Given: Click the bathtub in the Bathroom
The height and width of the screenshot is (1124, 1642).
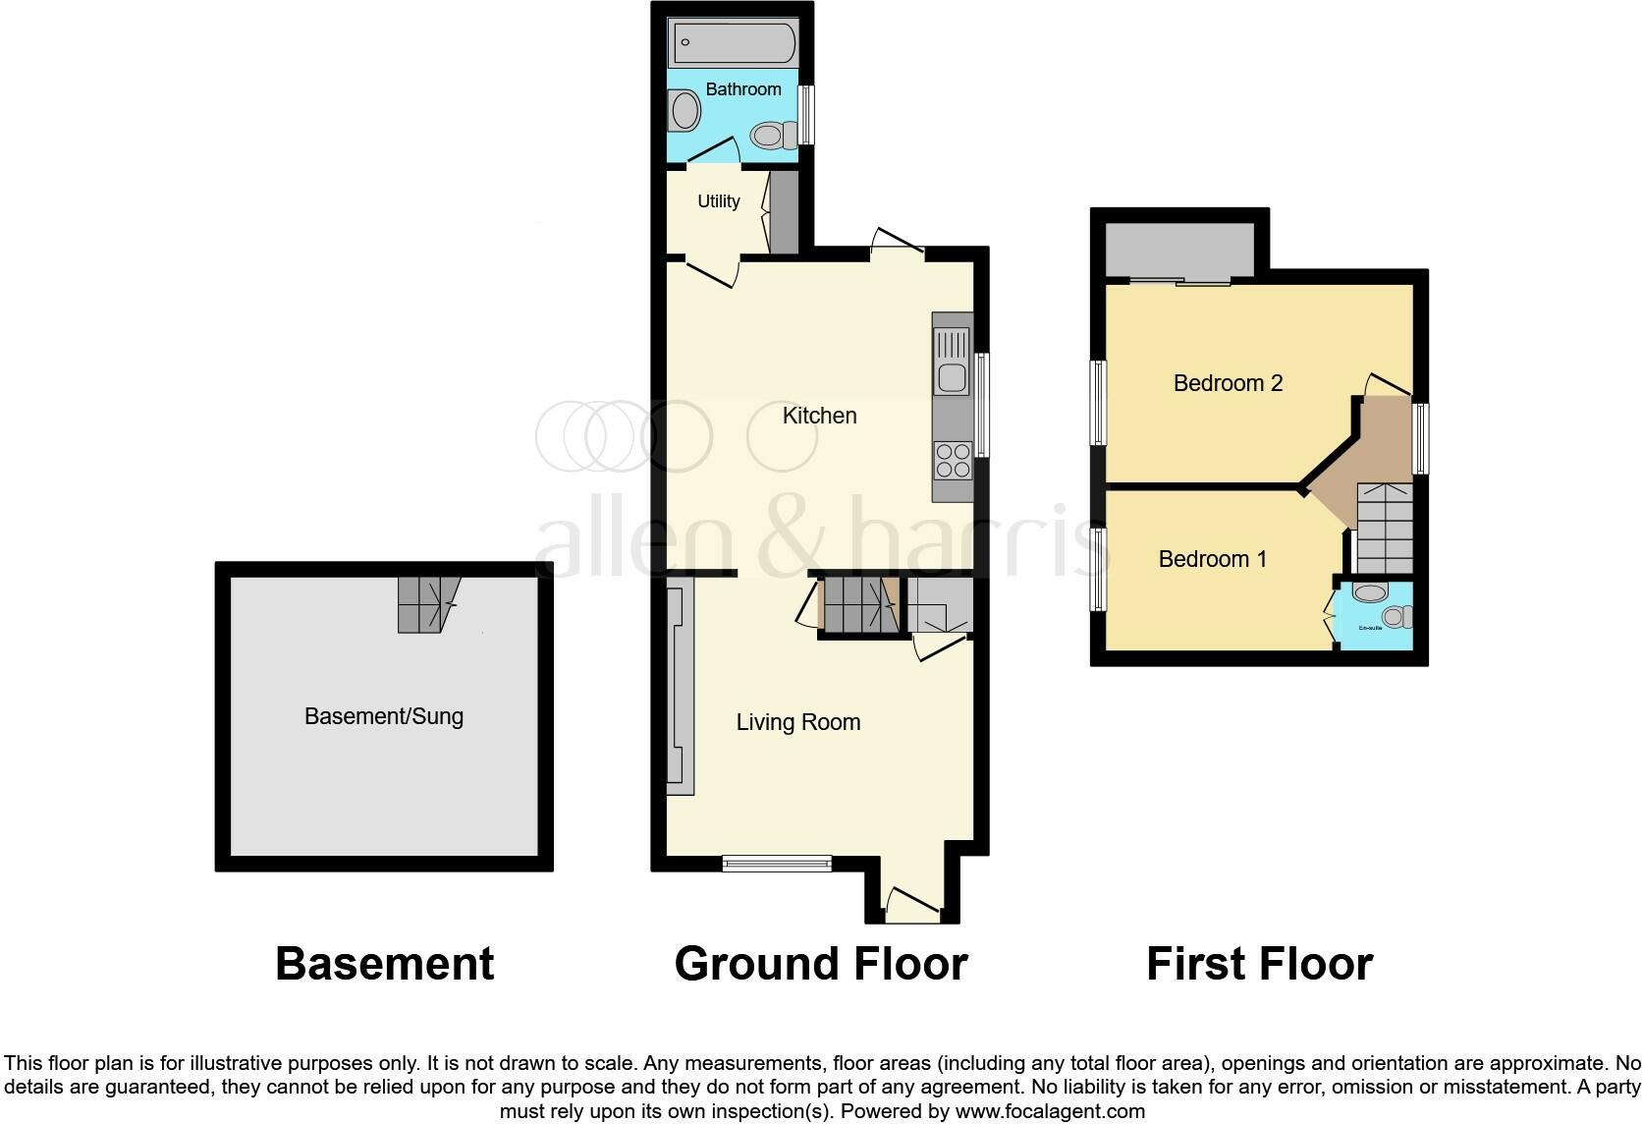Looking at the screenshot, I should tap(733, 43).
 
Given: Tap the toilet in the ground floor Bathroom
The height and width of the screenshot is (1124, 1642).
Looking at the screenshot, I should tap(772, 136).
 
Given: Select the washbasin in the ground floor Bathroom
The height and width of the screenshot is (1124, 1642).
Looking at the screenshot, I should tap(684, 110).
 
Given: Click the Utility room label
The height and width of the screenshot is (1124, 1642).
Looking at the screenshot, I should tap(718, 201).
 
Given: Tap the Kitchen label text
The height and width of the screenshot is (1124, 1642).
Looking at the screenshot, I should tap(819, 416).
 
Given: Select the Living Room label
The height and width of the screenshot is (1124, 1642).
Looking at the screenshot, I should tap(797, 722).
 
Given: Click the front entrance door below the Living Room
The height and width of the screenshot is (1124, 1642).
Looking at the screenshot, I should tap(912, 905).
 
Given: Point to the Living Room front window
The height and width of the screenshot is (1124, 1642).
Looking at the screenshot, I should tap(777, 864).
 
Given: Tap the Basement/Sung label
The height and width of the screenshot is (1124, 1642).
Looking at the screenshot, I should tap(383, 716).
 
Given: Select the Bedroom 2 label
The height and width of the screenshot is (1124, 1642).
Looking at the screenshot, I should tap(1228, 383).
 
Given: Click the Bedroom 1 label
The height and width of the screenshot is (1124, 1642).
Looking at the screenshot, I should tap(1212, 559).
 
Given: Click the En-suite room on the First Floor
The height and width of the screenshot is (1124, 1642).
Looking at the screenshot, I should tap(1375, 616).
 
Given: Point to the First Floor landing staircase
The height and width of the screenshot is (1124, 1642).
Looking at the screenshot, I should tap(1384, 528).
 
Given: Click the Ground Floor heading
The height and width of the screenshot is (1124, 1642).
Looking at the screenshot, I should tap(821, 964).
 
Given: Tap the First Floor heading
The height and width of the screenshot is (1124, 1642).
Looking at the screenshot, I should tap(1259, 964).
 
